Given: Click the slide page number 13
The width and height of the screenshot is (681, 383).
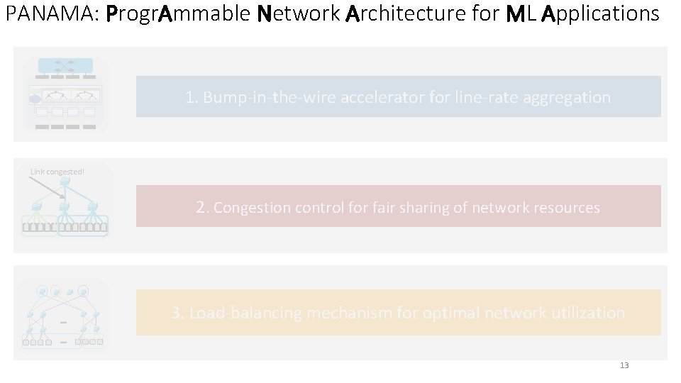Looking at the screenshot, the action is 624,365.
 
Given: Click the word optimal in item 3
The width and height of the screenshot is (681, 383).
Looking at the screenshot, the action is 448,313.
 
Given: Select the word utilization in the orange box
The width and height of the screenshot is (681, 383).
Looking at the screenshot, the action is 585,313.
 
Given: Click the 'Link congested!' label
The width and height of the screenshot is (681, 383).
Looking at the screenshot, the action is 57,171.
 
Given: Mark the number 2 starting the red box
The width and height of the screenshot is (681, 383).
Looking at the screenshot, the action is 202,207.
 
